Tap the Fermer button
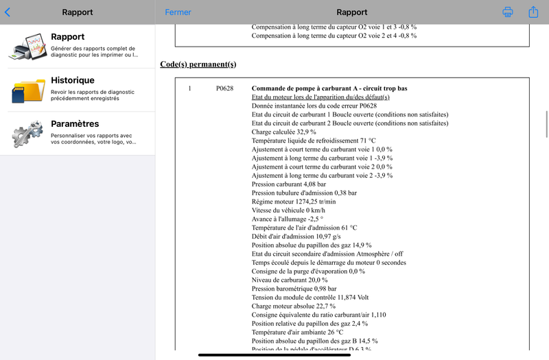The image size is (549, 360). pyautogui.click(x=178, y=12)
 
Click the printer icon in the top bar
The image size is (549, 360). pyautogui.click(x=508, y=12)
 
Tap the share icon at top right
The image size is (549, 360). pyautogui.click(x=533, y=12)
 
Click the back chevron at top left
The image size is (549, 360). pyautogui.click(x=8, y=12)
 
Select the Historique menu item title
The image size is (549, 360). pyautogui.click(x=73, y=80)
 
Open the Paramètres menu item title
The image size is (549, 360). pyautogui.click(x=75, y=124)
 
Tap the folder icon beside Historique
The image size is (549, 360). pyautogui.click(x=27, y=90)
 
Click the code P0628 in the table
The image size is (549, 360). pyautogui.click(x=224, y=88)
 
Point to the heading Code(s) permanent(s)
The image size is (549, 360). pyautogui.click(x=198, y=64)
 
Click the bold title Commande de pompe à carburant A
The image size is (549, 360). pyautogui.click(x=329, y=88)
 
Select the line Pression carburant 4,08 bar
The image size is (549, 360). pyautogui.click(x=289, y=184)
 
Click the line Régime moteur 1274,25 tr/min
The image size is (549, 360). pyautogui.click(x=294, y=202)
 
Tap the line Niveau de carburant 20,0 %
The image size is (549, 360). pyautogui.click(x=290, y=280)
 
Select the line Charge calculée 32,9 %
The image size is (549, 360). pyautogui.click(x=284, y=132)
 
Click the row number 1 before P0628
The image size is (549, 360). pyautogui.click(x=189, y=88)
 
